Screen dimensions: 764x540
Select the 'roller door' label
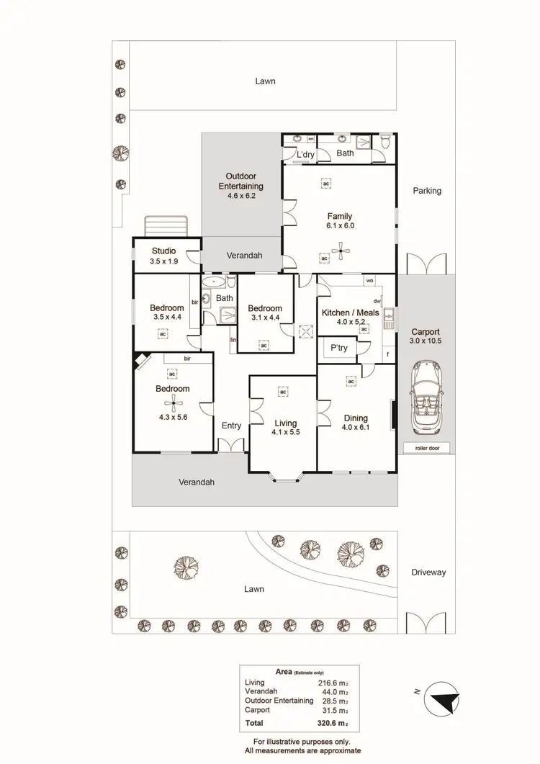pos(427,448)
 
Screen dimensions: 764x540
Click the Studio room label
pos(163,251)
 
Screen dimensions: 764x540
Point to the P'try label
pos(338,348)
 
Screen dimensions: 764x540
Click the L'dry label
pos(299,153)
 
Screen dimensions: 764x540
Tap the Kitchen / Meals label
pos(345,313)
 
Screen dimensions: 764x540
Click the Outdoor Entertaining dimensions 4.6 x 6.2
pos(241,195)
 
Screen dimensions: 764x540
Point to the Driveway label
pos(428,572)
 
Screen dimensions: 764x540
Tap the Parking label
pos(427,191)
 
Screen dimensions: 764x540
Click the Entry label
pos(231,426)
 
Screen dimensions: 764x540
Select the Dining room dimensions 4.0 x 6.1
pos(356,427)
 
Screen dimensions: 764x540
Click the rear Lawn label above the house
pos(265,81)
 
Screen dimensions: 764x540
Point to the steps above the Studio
pos(166,226)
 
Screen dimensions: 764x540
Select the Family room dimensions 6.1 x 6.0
pos(340,225)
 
